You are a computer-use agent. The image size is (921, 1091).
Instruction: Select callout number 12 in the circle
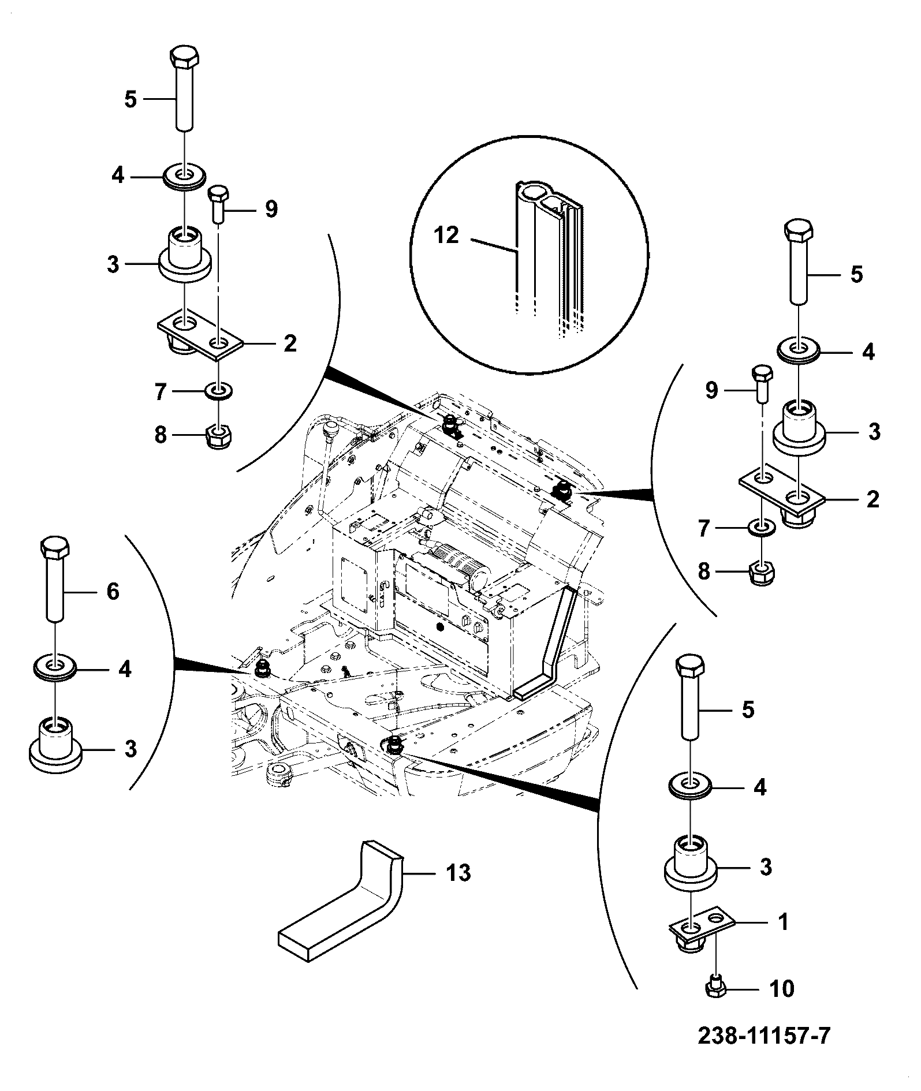[446, 235]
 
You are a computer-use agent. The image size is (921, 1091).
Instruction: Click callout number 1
[784, 922]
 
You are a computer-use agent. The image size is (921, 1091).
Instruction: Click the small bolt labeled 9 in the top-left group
[218, 204]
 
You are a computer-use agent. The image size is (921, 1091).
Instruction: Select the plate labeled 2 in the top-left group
[201, 337]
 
